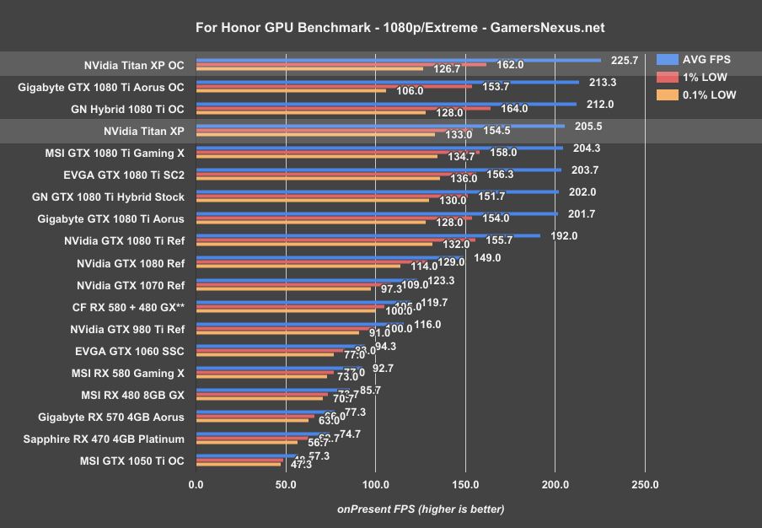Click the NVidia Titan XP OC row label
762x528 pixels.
(x=134, y=65)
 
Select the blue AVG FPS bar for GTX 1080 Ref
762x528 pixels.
(x=329, y=258)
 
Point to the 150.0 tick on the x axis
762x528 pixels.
(x=465, y=484)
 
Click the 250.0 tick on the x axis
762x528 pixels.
(x=645, y=484)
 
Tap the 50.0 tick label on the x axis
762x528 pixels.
(x=286, y=484)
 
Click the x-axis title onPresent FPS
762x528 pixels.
(x=421, y=509)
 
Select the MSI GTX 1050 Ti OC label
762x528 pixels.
(x=132, y=461)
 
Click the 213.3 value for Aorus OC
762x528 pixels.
(x=603, y=82)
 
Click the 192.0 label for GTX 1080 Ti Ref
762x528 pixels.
(x=564, y=235)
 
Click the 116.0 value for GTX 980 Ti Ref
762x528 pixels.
(x=427, y=324)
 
